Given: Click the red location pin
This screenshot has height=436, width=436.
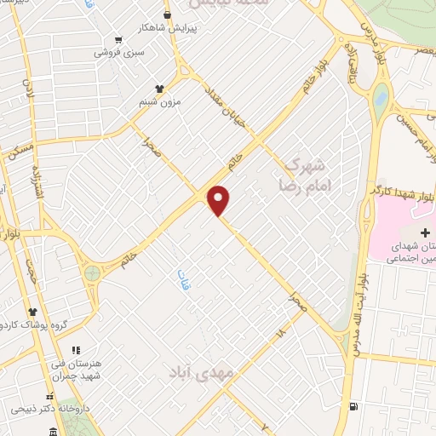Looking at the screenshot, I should [x=220, y=200].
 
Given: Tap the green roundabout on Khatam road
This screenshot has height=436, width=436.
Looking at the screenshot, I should [x=92, y=273].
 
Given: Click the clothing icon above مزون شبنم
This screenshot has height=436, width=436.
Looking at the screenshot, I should [x=158, y=88].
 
